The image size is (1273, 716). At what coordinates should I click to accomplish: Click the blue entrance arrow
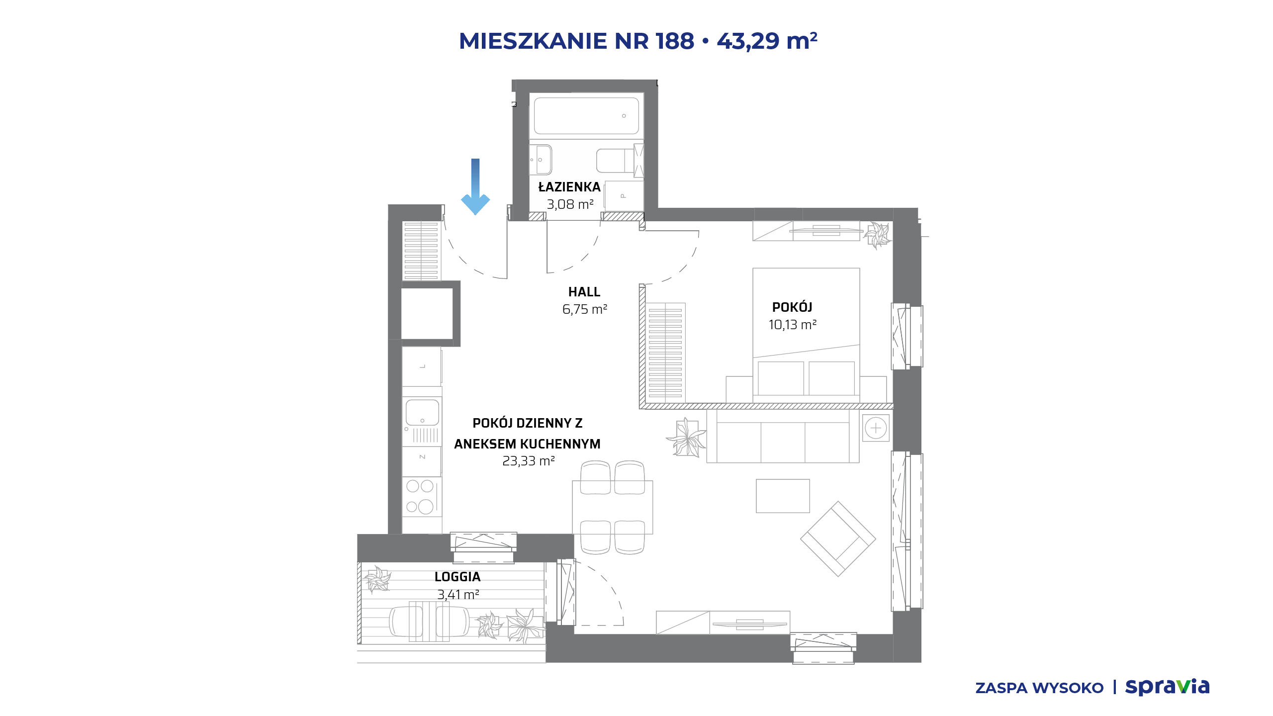[475, 187]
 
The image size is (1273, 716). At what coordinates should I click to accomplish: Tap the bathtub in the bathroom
[586, 116]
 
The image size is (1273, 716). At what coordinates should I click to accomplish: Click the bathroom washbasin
[541, 160]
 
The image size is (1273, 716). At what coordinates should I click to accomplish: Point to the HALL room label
[584, 292]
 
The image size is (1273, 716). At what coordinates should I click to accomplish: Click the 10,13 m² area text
[793, 325]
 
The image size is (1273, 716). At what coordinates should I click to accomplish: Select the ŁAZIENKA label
[569, 186]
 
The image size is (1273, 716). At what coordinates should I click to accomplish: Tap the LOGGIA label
[457, 577]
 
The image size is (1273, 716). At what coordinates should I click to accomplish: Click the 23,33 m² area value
[529, 461]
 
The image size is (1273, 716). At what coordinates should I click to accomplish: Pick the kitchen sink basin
[422, 413]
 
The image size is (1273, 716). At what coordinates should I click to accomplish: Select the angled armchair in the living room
[838, 539]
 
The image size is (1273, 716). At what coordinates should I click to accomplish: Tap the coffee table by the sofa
[783, 496]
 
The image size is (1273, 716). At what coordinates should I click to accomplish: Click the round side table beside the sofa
[876, 428]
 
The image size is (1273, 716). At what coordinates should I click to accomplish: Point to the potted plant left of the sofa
[687, 438]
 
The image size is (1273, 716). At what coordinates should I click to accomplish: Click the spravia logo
[1167, 687]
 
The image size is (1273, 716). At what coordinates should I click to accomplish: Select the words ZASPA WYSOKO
[1039, 688]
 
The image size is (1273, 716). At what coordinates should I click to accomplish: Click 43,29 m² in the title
[767, 41]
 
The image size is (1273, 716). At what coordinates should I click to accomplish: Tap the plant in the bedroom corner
[877, 235]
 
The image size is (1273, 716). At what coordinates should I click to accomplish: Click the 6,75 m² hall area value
[585, 309]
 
